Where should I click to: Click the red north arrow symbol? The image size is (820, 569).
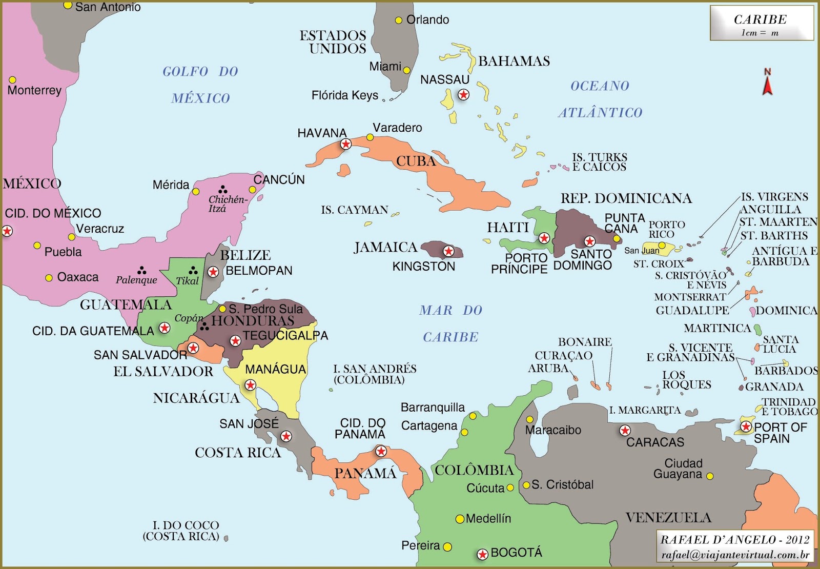pos(767,84)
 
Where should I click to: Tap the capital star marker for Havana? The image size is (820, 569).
pos(346,144)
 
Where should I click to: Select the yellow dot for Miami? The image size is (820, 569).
pos(406,70)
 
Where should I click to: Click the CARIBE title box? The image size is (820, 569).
pos(762,23)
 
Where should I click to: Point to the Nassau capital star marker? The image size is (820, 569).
pos(463,94)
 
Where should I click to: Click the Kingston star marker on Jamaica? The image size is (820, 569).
pos(448,251)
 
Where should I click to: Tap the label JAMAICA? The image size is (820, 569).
pos(385,248)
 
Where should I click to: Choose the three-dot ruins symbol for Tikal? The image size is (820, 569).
pos(193,270)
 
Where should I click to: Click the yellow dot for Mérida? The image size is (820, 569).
pos(196,192)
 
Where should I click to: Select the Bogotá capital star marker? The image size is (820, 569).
pos(482,554)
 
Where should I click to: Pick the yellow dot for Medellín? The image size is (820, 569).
pos(460,519)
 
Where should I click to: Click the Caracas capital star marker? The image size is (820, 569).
pos(625,431)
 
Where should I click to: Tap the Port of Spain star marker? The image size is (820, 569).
pos(746,426)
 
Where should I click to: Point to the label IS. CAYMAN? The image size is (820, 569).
pos(354,210)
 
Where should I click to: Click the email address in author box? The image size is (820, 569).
pos(735,555)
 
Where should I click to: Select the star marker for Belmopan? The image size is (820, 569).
pos(213,272)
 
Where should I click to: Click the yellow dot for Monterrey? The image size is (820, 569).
pos(12,80)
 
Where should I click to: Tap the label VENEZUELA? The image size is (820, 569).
pos(668,518)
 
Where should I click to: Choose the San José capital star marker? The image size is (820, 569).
pos(286,436)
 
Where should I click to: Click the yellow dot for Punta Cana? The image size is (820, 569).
pos(617,238)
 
